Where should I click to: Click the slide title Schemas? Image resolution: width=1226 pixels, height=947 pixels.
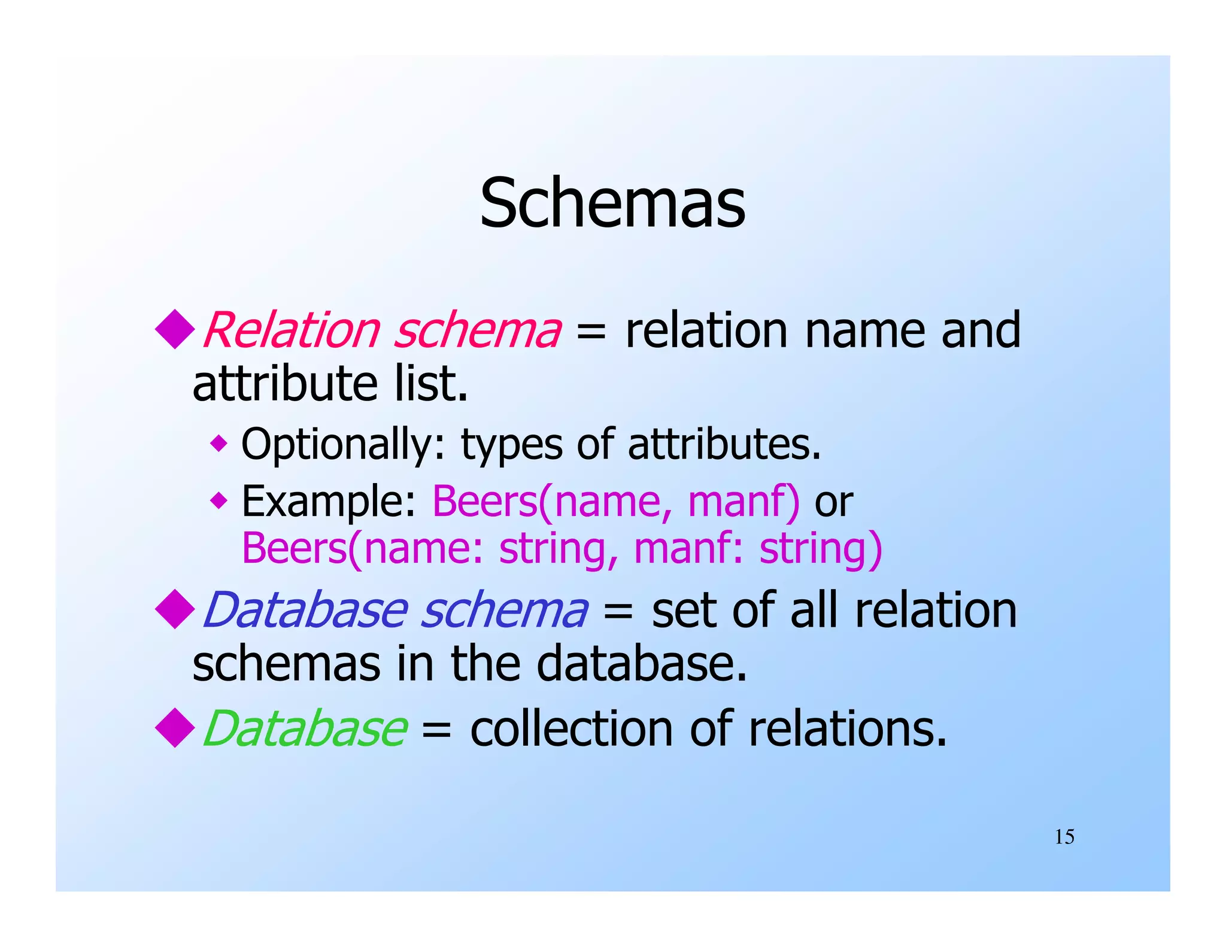[x=612, y=203]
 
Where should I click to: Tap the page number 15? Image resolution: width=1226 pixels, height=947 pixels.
[x=1064, y=837]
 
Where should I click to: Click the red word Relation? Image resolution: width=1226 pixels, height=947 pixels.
[x=292, y=330]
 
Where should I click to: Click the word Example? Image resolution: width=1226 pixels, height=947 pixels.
[x=328, y=501]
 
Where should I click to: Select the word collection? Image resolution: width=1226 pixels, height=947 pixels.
[x=572, y=729]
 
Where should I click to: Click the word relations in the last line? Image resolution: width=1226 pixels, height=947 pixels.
[x=847, y=729]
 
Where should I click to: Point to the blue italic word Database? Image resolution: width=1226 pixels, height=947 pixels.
[x=305, y=610]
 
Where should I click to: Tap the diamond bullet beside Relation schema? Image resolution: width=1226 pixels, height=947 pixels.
[x=175, y=329]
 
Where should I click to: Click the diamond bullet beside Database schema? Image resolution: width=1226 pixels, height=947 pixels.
[x=175, y=609]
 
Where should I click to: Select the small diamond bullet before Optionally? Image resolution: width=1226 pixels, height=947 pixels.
[x=219, y=444]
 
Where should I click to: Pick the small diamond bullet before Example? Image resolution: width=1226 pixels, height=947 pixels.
[x=219, y=500]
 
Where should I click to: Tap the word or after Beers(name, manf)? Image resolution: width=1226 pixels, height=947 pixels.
[x=833, y=502]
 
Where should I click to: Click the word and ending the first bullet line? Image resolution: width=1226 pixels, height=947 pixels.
[x=980, y=330]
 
